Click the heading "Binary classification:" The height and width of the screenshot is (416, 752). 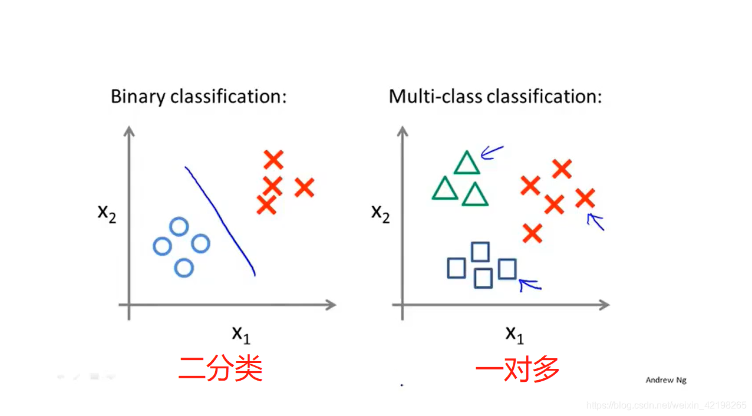click(x=198, y=96)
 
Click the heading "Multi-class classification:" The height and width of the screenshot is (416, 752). click(x=495, y=96)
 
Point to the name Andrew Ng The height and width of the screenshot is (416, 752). click(x=666, y=380)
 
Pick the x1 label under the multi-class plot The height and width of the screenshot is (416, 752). click(x=514, y=334)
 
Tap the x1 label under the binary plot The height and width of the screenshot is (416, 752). click(x=240, y=334)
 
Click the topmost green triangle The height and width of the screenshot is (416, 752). click(x=467, y=163)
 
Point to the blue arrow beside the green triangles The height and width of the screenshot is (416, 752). click(x=492, y=153)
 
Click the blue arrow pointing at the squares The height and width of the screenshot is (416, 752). click(x=530, y=285)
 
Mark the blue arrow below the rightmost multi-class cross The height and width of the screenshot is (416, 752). click(x=596, y=222)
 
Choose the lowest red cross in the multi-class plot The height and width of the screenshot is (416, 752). click(x=532, y=233)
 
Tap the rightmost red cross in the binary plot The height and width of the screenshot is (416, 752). click(x=304, y=188)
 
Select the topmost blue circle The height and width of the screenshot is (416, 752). click(x=179, y=227)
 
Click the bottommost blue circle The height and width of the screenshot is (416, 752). click(x=184, y=268)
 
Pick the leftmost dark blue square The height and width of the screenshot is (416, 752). click(x=456, y=268)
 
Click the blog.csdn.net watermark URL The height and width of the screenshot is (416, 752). click(x=667, y=405)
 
